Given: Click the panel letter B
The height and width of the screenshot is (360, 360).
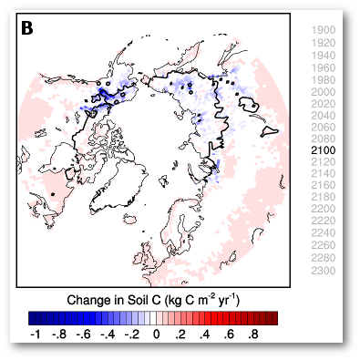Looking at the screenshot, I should (27, 28).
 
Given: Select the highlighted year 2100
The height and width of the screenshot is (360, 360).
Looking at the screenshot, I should (324, 149).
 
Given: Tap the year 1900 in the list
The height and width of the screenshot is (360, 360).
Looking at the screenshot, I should (324, 31).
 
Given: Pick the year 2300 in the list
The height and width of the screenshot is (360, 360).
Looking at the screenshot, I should (324, 269).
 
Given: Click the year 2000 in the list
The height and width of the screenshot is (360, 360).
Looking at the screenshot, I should (324, 90).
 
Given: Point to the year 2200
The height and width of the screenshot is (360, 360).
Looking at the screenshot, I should (324, 209).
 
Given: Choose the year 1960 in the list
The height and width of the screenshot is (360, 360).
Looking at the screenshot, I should (324, 67).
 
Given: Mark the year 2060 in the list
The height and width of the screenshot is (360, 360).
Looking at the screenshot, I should (324, 126).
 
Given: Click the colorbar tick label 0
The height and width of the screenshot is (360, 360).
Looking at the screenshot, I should (157, 335).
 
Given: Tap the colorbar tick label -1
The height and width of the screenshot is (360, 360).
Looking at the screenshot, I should (35, 335).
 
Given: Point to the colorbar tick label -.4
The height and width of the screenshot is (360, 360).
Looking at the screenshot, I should (108, 335).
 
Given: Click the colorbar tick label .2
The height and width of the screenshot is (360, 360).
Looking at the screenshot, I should (181, 335).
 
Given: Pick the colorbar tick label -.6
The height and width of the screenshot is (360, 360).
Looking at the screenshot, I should (83, 335).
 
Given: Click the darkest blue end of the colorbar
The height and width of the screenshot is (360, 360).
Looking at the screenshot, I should (32, 318).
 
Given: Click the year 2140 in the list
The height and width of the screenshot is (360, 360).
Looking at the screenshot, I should (324, 173).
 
